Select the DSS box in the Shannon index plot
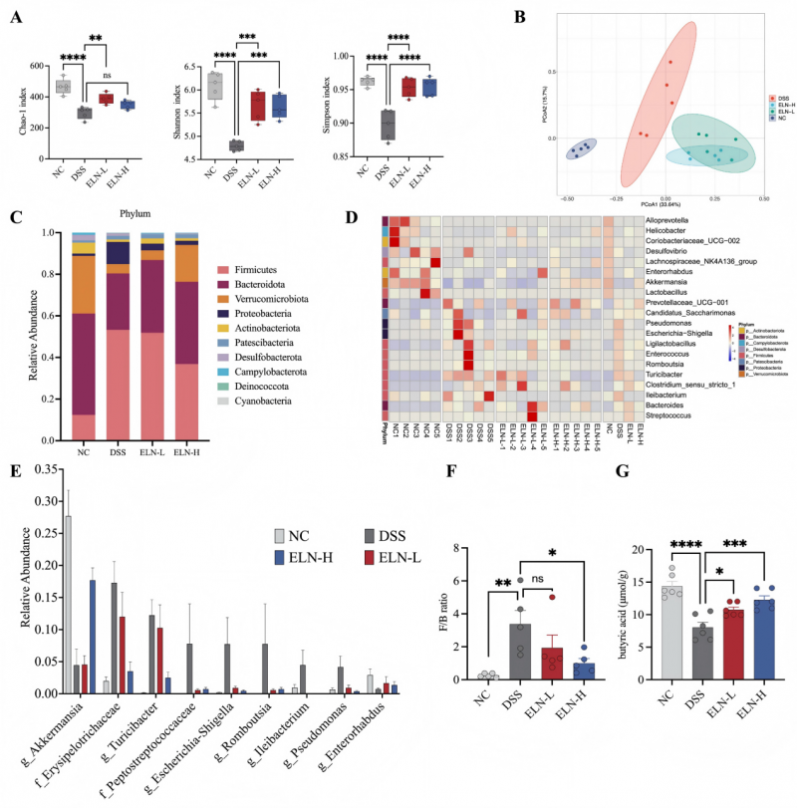(236, 145)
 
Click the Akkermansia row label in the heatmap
(672, 282)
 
